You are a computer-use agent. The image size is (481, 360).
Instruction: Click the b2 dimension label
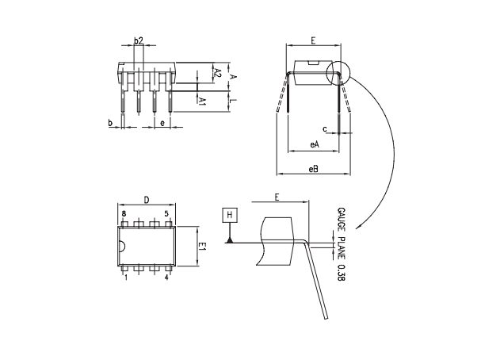pyautogui.click(x=138, y=40)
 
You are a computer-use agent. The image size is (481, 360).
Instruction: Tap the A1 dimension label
pyautogui.click(x=203, y=101)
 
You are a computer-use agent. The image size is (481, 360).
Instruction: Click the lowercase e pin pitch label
pyautogui.click(x=162, y=123)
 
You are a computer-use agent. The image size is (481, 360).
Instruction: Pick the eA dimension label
pyautogui.click(x=315, y=145)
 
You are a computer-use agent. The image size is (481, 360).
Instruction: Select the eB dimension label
pyautogui.click(x=315, y=169)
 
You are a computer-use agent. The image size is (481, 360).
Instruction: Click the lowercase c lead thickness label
pyautogui.click(x=324, y=128)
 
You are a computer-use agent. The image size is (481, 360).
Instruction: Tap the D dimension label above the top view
pyautogui.click(x=147, y=200)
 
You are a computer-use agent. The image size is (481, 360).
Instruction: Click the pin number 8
pyautogui.click(x=124, y=214)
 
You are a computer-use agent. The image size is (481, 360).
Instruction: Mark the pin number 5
pyautogui.click(x=166, y=214)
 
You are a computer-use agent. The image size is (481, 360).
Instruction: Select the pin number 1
pyautogui.click(x=124, y=278)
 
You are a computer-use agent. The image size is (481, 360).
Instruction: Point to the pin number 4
pyautogui.click(x=166, y=278)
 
